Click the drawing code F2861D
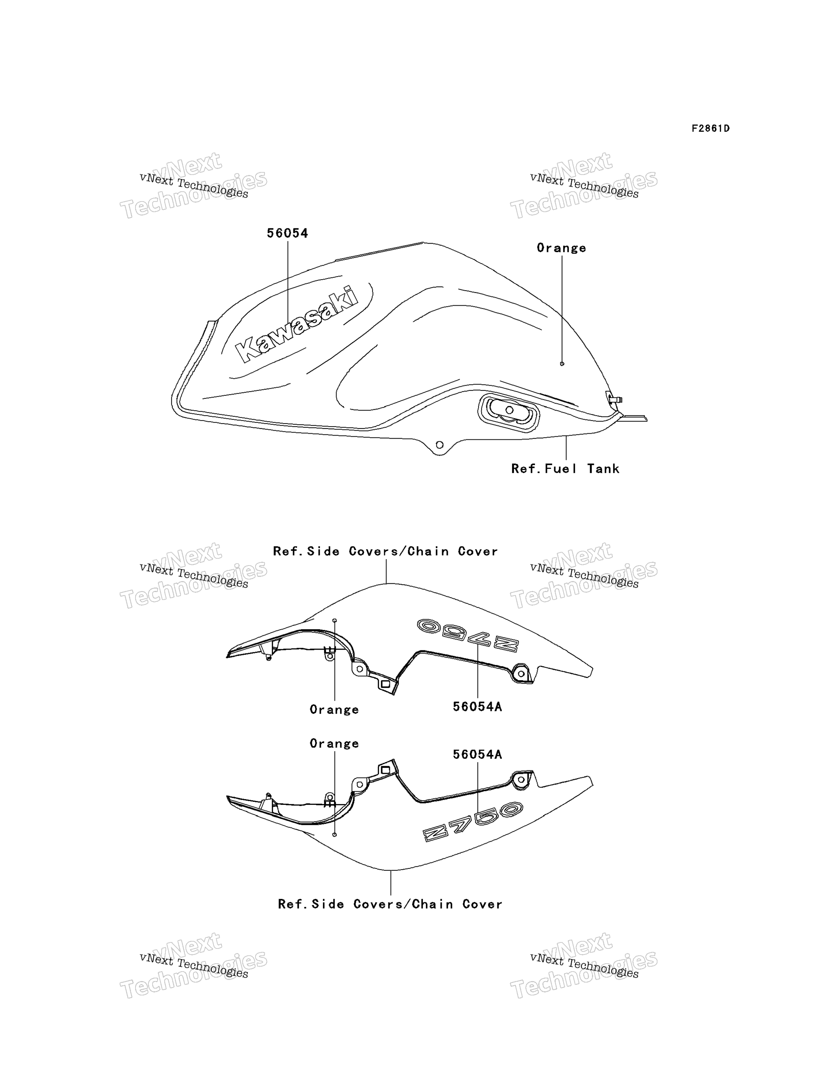[x=710, y=129]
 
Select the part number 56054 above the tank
[x=287, y=233]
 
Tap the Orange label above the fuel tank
[x=562, y=248]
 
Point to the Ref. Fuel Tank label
[x=565, y=469]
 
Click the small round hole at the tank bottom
[x=439, y=445]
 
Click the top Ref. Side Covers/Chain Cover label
[x=385, y=552]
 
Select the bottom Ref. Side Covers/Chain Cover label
[x=390, y=904]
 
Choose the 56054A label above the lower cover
[x=477, y=755]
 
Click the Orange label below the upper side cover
[x=334, y=710]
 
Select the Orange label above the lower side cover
[x=334, y=744]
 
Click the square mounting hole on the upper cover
[x=385, y=684]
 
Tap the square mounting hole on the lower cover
[x=385, y=770]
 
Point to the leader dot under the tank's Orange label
[x=562, y=364]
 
